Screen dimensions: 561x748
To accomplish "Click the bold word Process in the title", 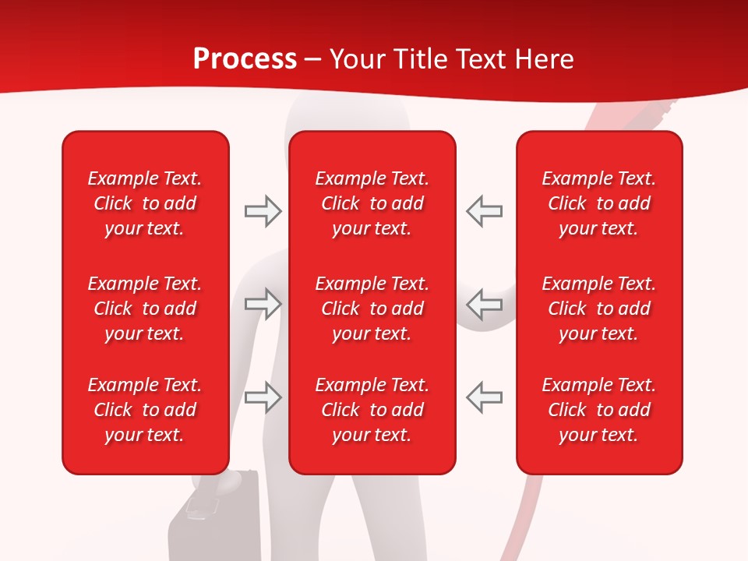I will [x=245, y=59].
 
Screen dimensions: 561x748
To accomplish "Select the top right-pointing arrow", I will [x=263, y=211].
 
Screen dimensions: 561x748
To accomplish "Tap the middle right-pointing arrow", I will [x=263, y=304].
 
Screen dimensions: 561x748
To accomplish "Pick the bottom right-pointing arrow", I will [x=263, y=397].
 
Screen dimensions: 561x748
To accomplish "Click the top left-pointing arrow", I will [x=484, y=211].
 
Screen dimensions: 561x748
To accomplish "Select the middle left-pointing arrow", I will [x=484, y=304].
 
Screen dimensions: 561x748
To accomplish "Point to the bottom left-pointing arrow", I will [x=484, y=397].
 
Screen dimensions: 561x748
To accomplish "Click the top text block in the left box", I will [x=145, y=203].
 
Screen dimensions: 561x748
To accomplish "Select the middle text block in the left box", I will [x=145, y=309].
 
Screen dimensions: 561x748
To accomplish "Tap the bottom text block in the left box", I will [x=145, y=410].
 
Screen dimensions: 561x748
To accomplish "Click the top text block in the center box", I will [x=372, y=203].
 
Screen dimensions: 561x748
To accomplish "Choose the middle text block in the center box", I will [x=372, y=309].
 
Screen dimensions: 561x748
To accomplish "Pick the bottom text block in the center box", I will [x=372, y=410].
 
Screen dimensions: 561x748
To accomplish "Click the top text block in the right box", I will [x=598, y=203].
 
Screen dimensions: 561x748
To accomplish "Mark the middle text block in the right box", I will [x=598, y=309].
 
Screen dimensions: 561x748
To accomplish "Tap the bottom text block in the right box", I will [x=598, y=410].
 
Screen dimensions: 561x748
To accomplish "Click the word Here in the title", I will [x=545, y=59].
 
